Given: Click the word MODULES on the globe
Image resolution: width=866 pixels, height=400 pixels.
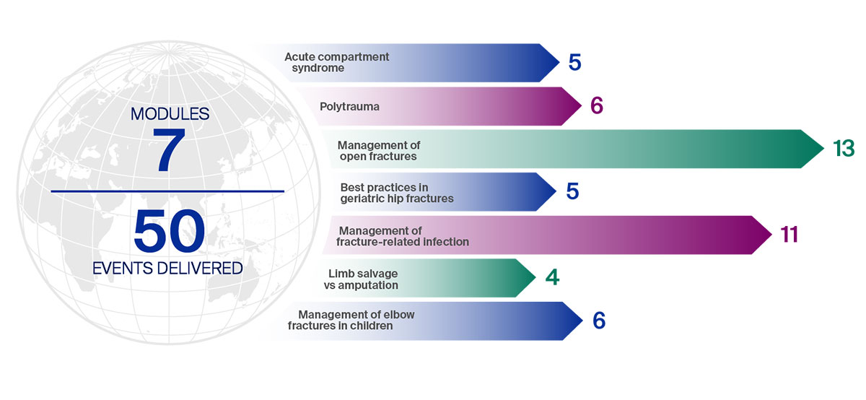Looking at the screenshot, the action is (x=170, y=114).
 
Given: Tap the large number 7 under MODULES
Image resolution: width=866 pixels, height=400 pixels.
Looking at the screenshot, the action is (x=169, y=150).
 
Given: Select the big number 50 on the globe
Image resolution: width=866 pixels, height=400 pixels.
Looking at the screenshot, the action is (x=169, y=230).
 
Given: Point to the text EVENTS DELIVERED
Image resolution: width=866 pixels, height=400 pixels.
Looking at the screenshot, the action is (x=167, y=268).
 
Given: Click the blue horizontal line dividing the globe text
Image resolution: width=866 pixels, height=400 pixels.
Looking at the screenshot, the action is (x=167, y=191).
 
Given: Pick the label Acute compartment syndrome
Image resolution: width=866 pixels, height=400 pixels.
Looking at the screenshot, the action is (x=337, y=62).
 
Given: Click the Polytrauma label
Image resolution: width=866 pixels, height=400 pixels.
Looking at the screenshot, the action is (x=349, y=106).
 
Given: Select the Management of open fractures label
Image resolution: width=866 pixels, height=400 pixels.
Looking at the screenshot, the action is (x=379, y=151).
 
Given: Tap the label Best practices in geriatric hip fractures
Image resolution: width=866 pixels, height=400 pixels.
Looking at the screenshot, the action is (x=397, y=193).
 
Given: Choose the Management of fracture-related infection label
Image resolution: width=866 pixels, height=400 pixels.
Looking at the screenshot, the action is (x=403, y=236).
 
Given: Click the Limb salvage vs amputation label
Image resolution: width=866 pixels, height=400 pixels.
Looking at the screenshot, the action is (x=361, y=279).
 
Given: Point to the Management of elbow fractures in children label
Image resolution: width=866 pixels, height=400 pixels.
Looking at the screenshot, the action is (x=351, y=320).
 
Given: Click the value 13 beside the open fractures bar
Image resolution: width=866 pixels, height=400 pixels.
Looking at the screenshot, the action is (x=844, y=149).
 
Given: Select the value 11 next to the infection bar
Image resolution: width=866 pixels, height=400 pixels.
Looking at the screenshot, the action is (x=789, y=235).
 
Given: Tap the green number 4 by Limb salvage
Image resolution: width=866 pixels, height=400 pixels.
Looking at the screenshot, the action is (x=553, y=277).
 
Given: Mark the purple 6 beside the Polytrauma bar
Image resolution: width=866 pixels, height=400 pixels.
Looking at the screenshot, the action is (x=597, y=105).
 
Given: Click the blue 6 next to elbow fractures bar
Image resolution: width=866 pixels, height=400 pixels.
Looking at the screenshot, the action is (x=599, y=321).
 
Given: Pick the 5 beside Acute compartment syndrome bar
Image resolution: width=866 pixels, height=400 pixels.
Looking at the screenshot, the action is (x=575, y=62).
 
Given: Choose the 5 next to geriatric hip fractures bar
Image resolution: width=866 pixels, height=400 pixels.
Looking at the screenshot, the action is (x=572, y=191).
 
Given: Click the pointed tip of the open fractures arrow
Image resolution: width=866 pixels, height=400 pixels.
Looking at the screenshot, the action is (x=824, y=149).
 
